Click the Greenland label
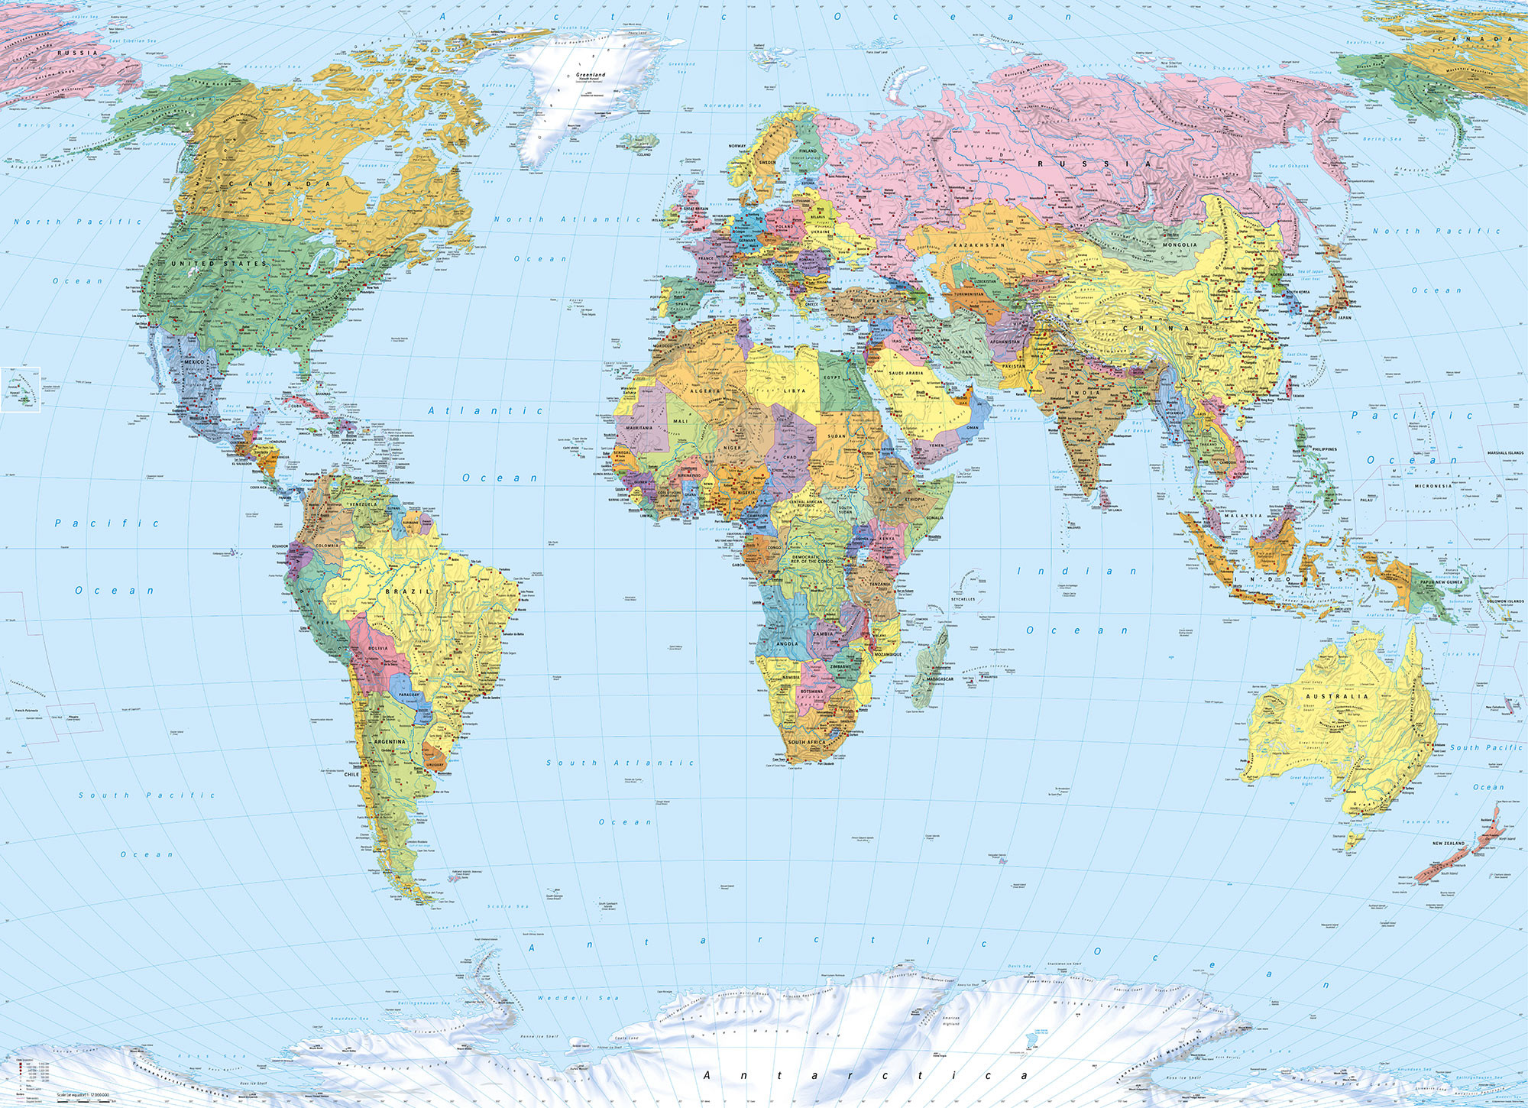point(591,75)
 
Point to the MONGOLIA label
point(1180,245)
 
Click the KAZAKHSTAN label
point(979,245)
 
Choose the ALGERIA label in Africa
point(705,390)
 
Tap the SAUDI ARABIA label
point(906,373)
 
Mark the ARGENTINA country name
point(390,741)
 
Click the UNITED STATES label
point(219,264)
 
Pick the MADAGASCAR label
point(940,679)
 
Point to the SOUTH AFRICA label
point(807,742)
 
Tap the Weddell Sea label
point(578,998)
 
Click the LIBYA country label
point(795,390)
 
